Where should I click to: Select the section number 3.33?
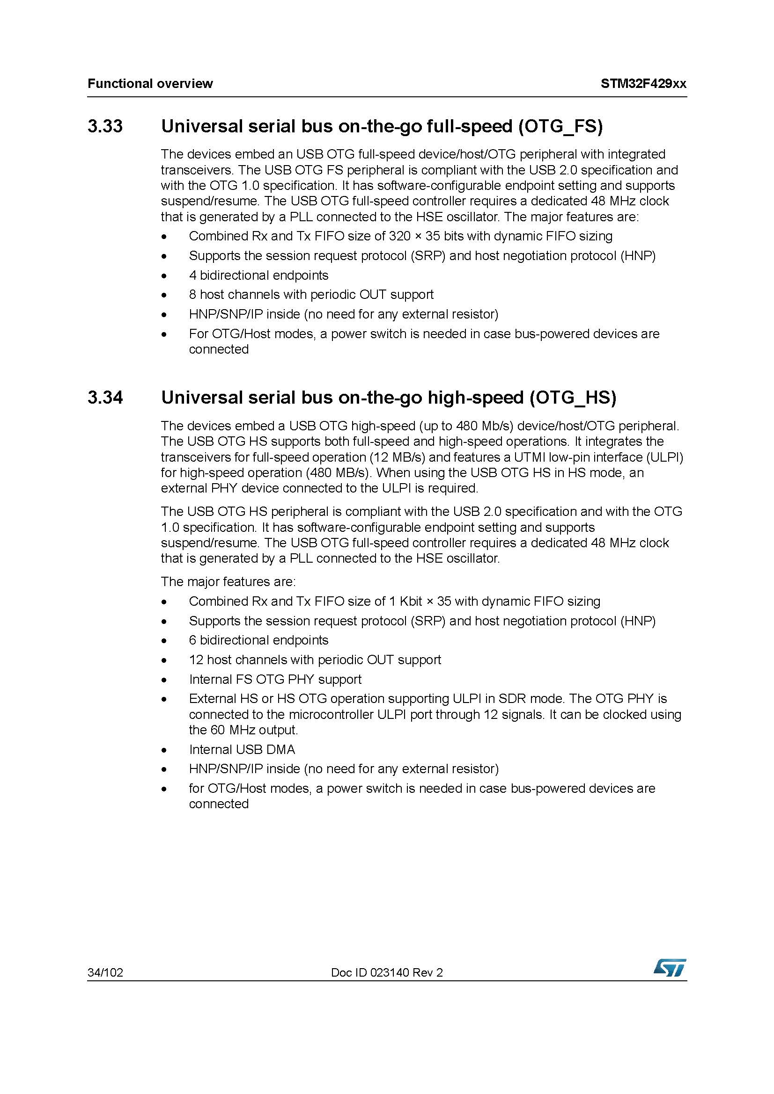[105, 126]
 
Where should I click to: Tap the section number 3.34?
[105, 398]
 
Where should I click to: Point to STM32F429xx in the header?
[643, 84]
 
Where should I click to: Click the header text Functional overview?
[150, 84]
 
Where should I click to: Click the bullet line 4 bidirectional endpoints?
[258, 275]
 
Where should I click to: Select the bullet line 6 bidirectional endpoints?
[258, 640]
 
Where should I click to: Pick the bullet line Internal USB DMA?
[242, 749]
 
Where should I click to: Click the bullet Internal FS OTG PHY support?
[275, 679]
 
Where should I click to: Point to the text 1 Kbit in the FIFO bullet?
[405, 601]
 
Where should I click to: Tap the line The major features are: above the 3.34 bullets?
[228, 581]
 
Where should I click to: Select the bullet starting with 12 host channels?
[315, 659]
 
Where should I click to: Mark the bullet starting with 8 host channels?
[311, 295]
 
